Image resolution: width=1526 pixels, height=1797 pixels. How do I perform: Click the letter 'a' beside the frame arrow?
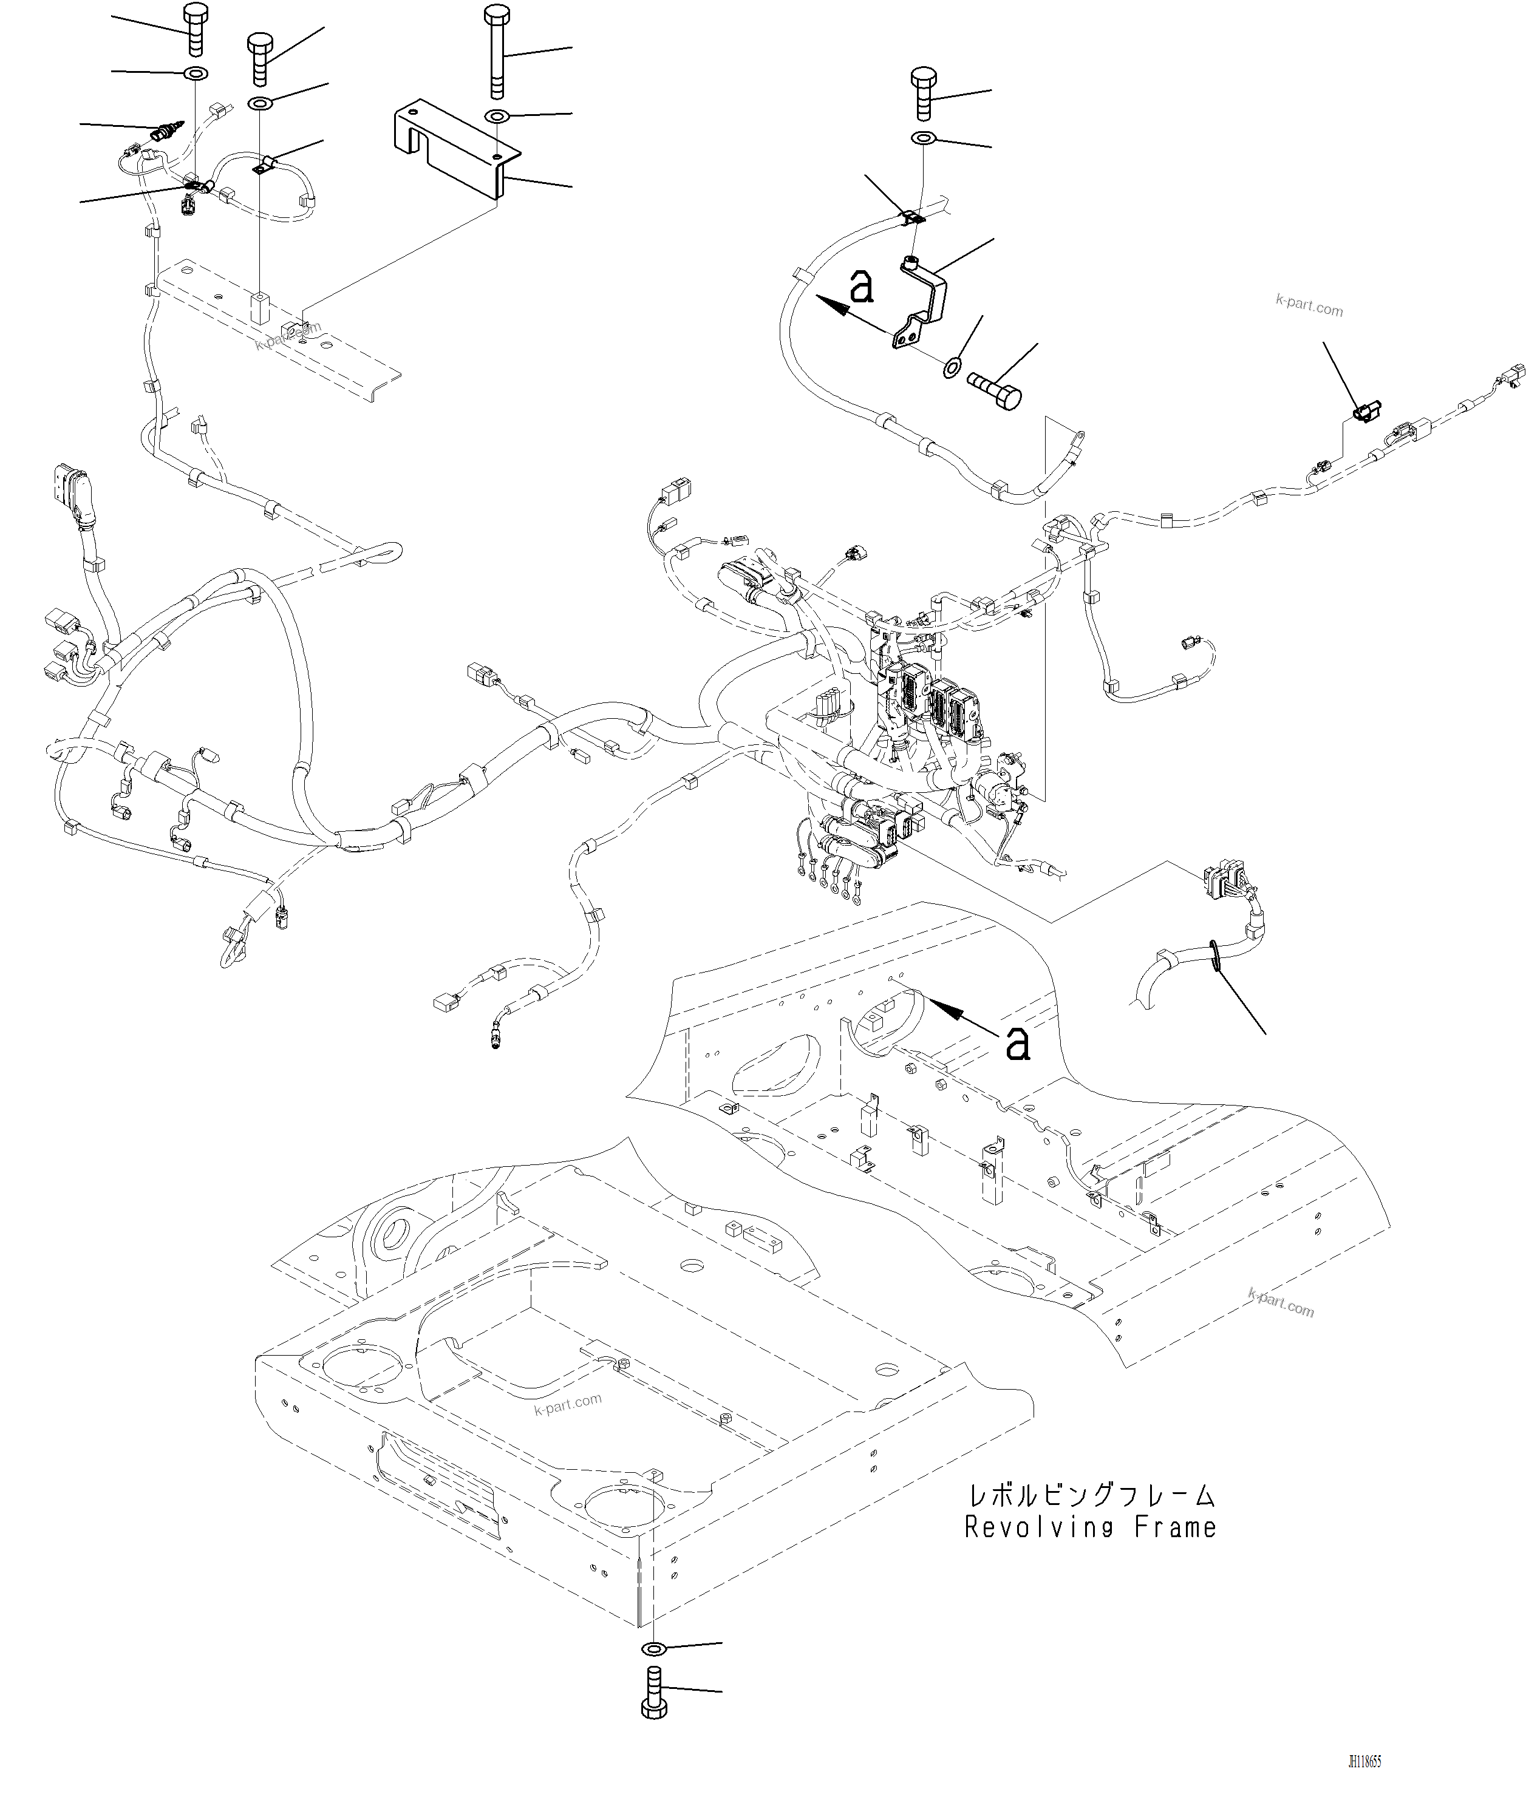click(1019, 1043)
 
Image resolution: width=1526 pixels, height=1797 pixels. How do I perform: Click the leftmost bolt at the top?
click(196, 29)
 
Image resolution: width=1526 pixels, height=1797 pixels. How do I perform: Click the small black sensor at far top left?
click(167, 132)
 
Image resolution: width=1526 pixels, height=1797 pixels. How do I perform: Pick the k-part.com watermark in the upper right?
click(1309, 304)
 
